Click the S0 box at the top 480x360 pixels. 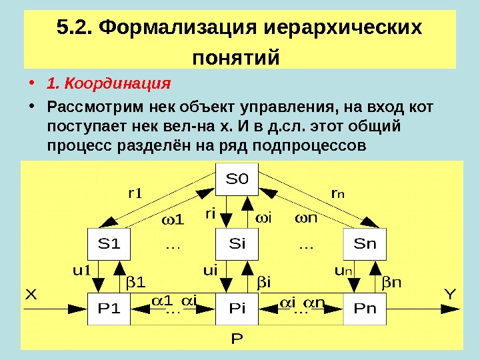point(237,179)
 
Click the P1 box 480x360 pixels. point(109,309)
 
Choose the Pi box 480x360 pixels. point(237,309)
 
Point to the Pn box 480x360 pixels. point(365,309)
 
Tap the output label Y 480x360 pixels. point(450,293)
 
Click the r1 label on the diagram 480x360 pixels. point(135,194)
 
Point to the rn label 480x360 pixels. point(338,194)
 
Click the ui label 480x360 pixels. point(211,271)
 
